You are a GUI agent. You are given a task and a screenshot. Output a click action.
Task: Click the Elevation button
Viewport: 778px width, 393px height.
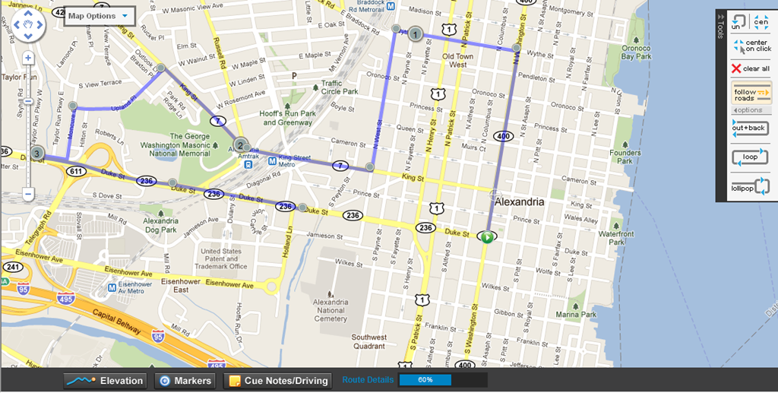[x=104, y=381]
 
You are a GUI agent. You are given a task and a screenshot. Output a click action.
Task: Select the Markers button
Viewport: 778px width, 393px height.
[x=185, y=381]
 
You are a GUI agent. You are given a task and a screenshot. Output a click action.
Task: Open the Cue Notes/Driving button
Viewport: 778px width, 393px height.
[x=277, y=381]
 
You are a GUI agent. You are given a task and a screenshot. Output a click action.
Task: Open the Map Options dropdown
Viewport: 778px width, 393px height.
[x=100, y=16]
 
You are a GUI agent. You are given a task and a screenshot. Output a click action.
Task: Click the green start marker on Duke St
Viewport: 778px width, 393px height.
[x=486, y=237]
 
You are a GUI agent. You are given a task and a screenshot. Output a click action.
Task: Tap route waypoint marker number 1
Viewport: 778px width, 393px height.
[x=415, y=33]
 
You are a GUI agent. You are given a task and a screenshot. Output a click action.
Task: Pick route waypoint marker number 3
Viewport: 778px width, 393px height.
[x=37, y=153]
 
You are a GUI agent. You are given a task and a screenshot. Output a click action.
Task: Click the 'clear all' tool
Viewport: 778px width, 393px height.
[x=750, y=68]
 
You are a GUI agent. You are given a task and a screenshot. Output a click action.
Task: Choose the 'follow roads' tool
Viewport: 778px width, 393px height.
[x=750, y=93]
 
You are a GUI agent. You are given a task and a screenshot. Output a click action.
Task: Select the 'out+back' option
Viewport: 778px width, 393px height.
[x=750, y=128]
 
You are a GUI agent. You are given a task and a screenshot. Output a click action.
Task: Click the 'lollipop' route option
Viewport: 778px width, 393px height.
[x=750, y=186]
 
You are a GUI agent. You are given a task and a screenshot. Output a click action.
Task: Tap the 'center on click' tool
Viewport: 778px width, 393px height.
[x=750, y=46]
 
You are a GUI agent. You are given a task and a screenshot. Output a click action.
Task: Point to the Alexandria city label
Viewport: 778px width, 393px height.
[x=519, y=203]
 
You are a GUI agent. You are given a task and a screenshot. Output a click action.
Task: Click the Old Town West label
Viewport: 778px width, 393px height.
[x=458, y=61]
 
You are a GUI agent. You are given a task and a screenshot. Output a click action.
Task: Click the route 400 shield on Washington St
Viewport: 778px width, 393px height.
[x=502, y=136]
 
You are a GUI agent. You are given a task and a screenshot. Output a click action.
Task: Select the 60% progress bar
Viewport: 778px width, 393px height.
[x=425, y=380]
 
